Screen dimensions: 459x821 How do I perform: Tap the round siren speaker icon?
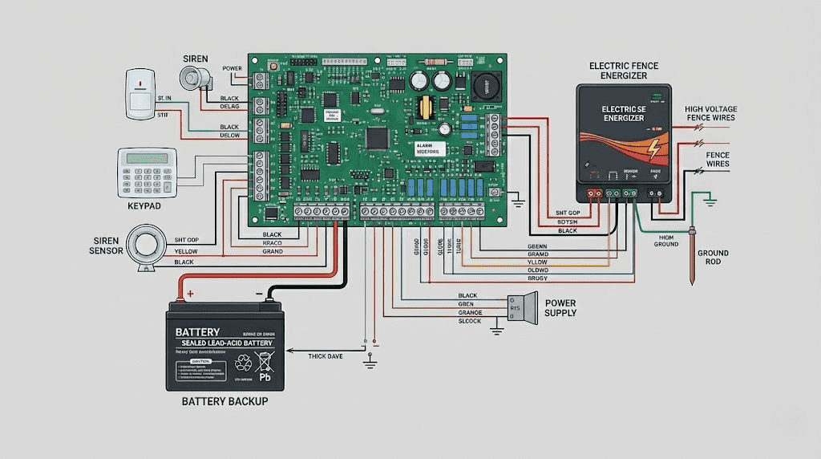click(x=193, y=78)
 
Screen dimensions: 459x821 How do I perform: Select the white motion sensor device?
click(x=140, y=92)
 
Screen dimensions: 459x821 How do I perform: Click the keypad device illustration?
click(x=147, y=173)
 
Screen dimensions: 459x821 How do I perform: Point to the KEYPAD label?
click(x=146, y=206)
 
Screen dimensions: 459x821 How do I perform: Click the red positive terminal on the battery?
click(x=190, y=294)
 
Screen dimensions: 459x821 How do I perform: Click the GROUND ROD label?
click(x=713, y=258)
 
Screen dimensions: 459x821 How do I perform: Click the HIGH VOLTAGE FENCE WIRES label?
click(x=710, y=113)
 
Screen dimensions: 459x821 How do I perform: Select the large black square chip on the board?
click(x=376, y=138)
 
